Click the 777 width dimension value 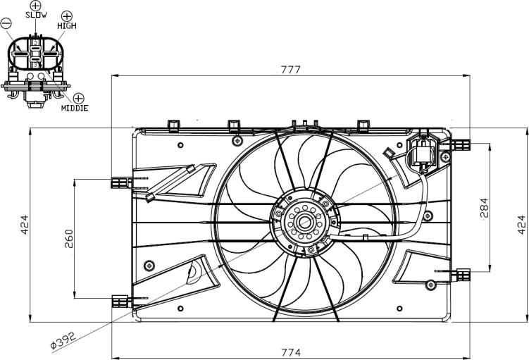coord(290,70)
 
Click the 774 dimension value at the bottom coord(291,352)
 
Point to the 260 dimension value coord(69,239)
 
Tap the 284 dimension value coord(483,208)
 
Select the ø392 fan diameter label coord(64,340)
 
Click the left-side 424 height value coord(25,225)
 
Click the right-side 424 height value coord(521,225)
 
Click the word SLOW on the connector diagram coord(37,15)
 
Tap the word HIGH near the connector coord(67,25)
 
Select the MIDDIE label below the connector coord(75,108)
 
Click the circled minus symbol coord(6,23)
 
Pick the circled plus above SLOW coord(35,5)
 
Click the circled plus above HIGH coord(67,15)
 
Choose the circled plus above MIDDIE coord(79,99)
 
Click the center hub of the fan coord(305,223)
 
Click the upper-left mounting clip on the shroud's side coord(121,182)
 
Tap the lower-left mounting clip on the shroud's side coord(121,301)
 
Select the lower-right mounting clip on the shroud coord(461,275)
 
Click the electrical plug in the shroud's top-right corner coord(423,151)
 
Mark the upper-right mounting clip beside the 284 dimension coord(461,145)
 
